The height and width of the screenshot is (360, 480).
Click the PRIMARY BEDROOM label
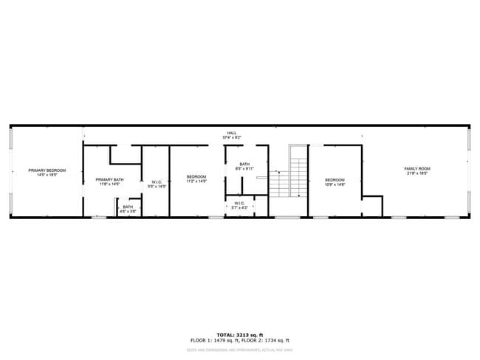coord(47,170)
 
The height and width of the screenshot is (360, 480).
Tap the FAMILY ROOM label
coord(417,169)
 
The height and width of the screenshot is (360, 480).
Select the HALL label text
coord(232,134)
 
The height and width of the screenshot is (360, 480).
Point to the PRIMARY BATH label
coord(109,180)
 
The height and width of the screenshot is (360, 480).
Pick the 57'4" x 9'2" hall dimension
coord(232,138)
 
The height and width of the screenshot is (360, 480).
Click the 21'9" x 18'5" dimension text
coord(417,174)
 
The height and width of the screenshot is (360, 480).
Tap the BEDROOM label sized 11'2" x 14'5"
coord(196,176)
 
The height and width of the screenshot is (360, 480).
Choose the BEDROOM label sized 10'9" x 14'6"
coord(335,179)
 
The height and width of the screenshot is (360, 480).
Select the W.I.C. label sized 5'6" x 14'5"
coord(157,181)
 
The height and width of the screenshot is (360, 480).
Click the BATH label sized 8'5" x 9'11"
coord(244,164)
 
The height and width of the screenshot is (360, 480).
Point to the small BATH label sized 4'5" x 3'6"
coord(128,207)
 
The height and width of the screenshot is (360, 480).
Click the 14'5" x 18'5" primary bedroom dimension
coord(47,175)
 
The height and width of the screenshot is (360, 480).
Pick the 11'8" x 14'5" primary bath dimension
coord(109,184)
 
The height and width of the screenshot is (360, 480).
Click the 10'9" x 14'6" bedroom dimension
coord(335,184)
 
